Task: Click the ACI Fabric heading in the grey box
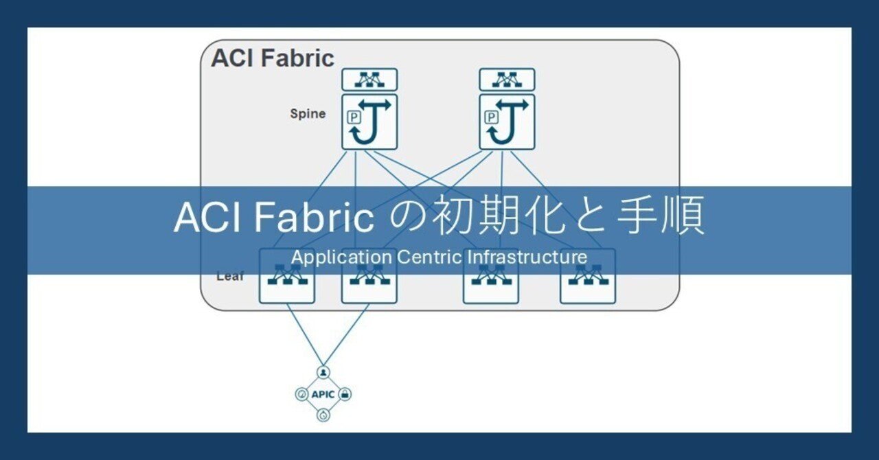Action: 273,58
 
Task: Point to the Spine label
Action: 307,114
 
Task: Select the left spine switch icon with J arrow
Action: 370,122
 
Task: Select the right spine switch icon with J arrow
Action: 507,122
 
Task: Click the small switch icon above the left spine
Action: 370,80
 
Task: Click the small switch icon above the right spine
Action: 507,80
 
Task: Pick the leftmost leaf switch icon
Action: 287,281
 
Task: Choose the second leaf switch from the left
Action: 369,281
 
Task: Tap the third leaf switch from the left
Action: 490,281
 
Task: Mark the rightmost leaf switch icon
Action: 587,281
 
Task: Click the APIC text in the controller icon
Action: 323,395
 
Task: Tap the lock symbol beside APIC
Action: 345,394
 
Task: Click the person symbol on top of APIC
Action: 323,372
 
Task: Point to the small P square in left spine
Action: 354,117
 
